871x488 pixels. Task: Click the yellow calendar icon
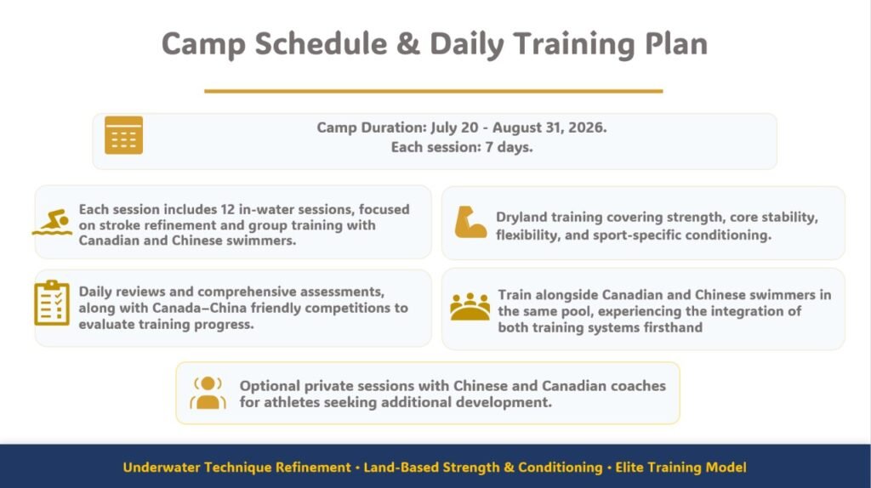[123, 135]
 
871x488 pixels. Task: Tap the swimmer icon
[52, 222]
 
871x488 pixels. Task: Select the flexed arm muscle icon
[470, 222]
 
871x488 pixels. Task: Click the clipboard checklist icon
[52, 303]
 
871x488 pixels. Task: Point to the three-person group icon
[470, 306]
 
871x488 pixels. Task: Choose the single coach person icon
[208, 393]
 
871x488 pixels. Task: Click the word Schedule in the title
[321, 43]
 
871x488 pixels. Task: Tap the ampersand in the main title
[408, 44]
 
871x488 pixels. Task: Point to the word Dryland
[521, 218]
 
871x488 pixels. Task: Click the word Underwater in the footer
[162, 468]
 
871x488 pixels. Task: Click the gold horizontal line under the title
[433, 91]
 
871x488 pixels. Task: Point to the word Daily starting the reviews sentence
[98, 292]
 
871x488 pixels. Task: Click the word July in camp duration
[443, 128]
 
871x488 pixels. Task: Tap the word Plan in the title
[676, 43]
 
